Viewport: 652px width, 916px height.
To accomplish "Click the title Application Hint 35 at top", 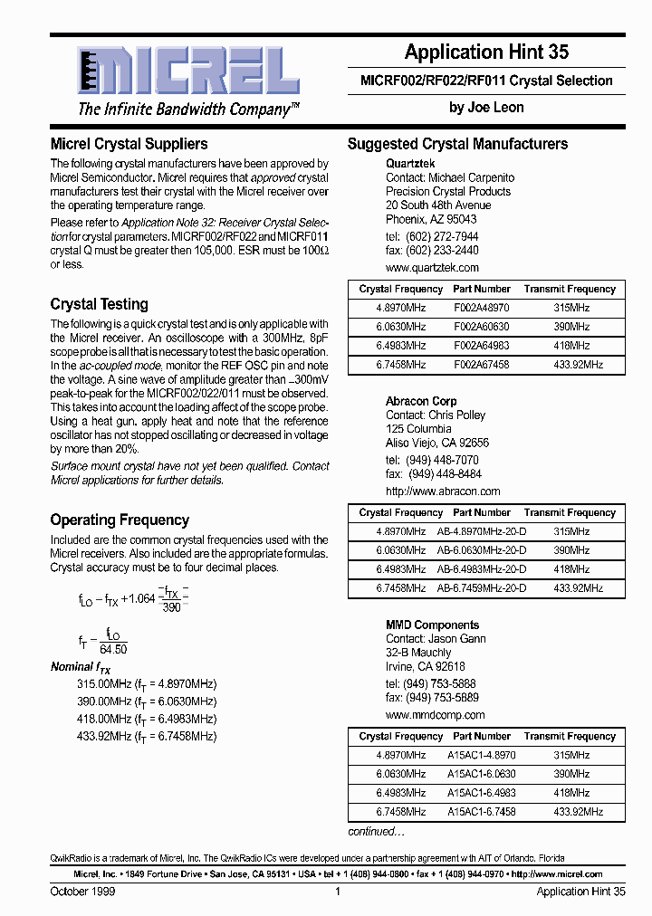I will [x=486, y=52].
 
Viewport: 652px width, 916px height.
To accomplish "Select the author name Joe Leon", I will [x=486, y=107].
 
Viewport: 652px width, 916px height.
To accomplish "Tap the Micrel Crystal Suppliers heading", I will [x=129, y=144].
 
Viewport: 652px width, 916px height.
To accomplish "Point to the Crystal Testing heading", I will [x=99, y=304].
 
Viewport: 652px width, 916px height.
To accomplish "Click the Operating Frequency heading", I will [x=120, y=520].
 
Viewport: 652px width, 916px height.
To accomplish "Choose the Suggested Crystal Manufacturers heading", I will [x=457, y=144].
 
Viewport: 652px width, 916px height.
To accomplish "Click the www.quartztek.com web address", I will [x=432, y=268].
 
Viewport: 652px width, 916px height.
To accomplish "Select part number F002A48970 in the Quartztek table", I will [x=481, y=308].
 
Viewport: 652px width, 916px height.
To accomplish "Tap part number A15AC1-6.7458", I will [x=481, y=812].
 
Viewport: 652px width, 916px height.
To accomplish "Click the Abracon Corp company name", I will [x=421, y=401].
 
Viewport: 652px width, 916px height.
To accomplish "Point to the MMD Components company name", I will [x=432, y=625].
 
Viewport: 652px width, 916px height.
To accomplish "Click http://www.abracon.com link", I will [x=443, y=491].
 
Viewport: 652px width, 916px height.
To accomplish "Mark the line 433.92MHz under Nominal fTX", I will [x=147, y=736].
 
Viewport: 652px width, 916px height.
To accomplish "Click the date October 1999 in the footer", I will [x=82, y=892].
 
